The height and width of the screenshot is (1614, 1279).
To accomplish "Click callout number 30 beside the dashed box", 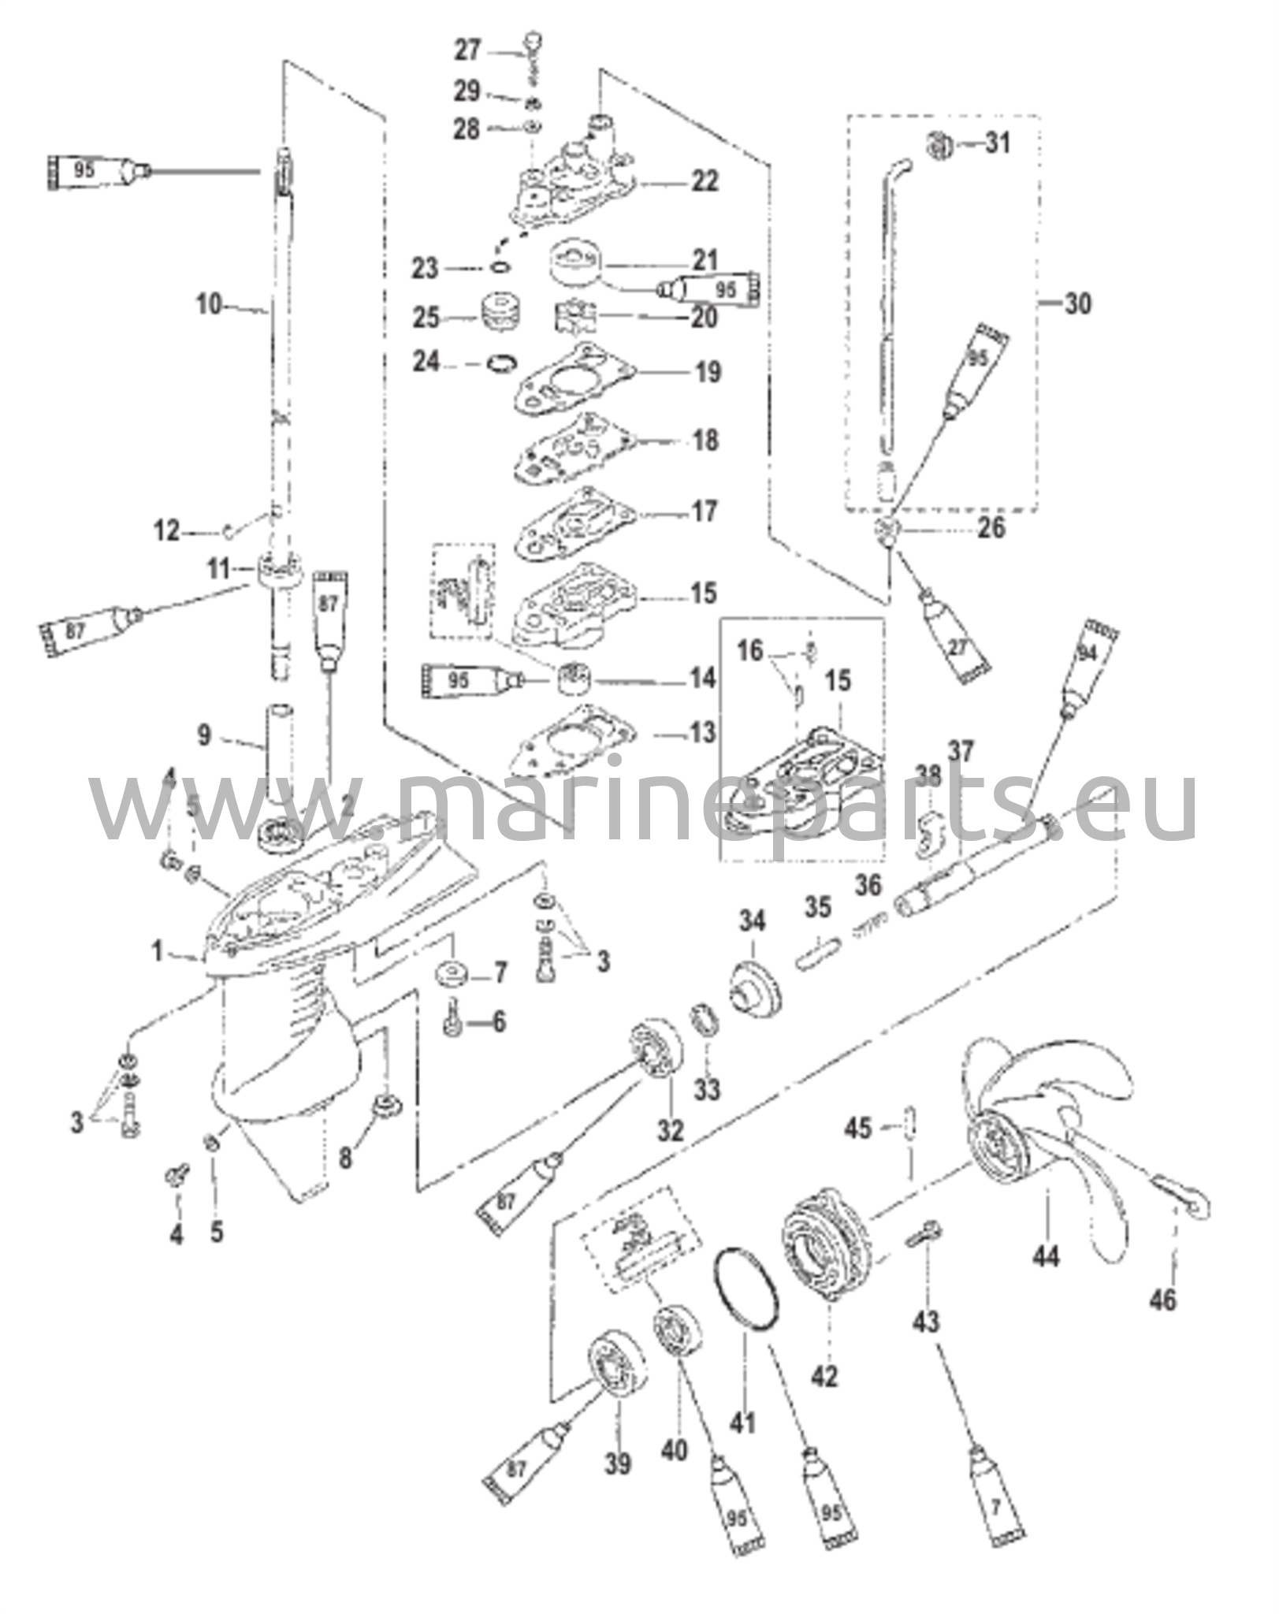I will [x=1077, y=303].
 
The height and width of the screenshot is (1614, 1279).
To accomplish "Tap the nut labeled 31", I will [x=939, y=145].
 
